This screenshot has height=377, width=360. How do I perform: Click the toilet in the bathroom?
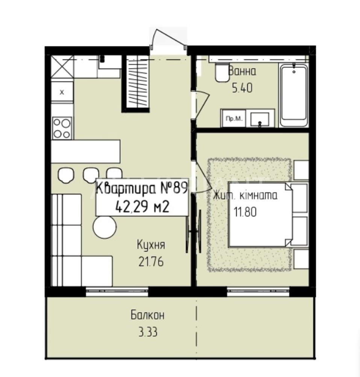tap(222, 72)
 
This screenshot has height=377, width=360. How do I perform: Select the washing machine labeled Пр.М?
tap(233, 118)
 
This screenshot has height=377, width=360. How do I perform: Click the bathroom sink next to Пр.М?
tap(260, 119)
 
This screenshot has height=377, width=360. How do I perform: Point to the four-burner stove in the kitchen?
tap(62, 128)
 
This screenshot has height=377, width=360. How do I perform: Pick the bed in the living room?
tap(260, 215)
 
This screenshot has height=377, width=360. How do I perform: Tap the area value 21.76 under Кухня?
tap(151, 261)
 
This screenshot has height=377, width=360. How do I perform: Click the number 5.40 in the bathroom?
tap(242, 88)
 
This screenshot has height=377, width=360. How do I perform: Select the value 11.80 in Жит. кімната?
tap(245, 212)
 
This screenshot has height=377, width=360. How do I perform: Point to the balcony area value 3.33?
tap(148, 332)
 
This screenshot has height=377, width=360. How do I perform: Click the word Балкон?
tap(148, 315)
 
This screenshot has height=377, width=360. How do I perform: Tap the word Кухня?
tap(151, 245)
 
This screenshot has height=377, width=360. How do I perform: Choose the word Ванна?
tap(242, 71)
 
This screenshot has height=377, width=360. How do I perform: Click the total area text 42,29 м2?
tap(142, 207)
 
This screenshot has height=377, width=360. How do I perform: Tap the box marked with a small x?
tap(62, 92)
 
